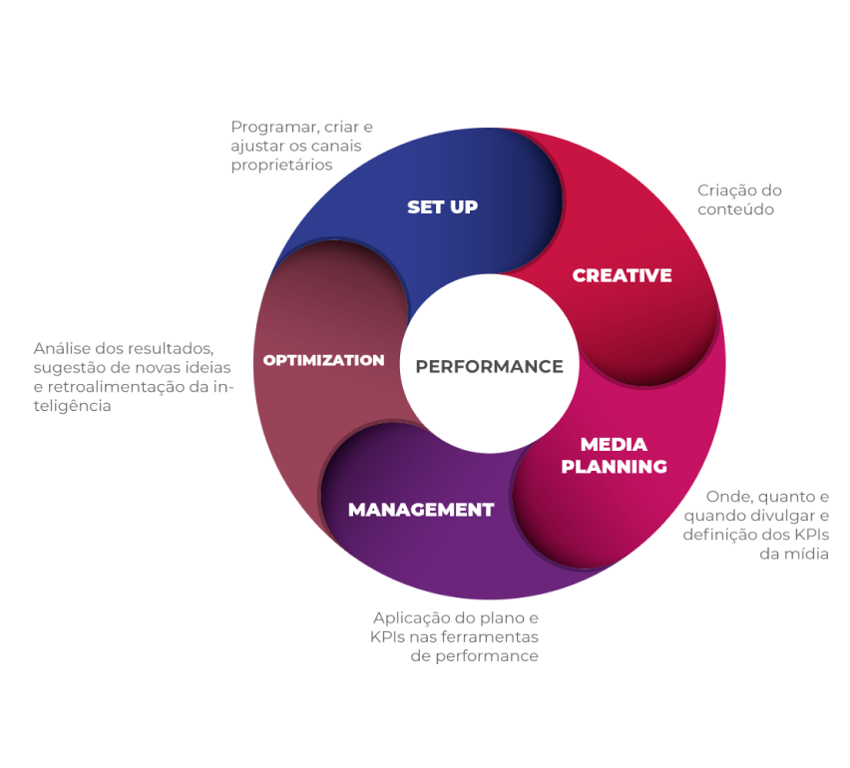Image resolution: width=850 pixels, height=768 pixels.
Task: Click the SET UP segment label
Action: tap(442, 207)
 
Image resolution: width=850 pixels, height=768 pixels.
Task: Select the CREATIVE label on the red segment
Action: tap(622, 275)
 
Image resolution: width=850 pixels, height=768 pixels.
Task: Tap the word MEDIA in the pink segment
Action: tap(614, 444)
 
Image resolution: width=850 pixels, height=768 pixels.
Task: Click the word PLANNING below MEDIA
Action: tap(614, 466)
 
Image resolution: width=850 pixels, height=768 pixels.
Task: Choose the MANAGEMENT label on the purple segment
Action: tap(420, 510)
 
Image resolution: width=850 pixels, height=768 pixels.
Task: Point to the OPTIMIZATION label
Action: tap(323, 360)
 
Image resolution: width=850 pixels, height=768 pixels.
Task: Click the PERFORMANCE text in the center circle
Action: tap(489, 366)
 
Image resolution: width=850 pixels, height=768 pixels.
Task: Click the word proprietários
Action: tap(281, 166)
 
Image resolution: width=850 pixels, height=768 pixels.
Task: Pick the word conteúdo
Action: tap(735, 209)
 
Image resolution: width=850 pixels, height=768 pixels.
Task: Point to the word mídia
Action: tap(807, 554)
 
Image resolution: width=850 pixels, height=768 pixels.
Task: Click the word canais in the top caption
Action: tap(336, 147)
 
